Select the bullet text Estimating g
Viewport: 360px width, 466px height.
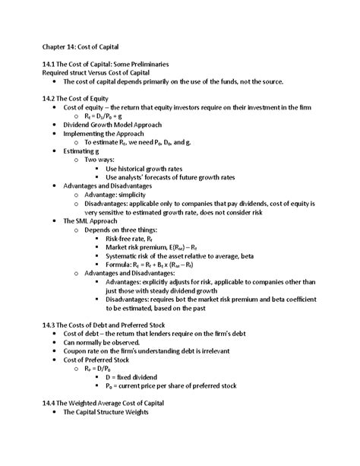click(84, 151)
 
